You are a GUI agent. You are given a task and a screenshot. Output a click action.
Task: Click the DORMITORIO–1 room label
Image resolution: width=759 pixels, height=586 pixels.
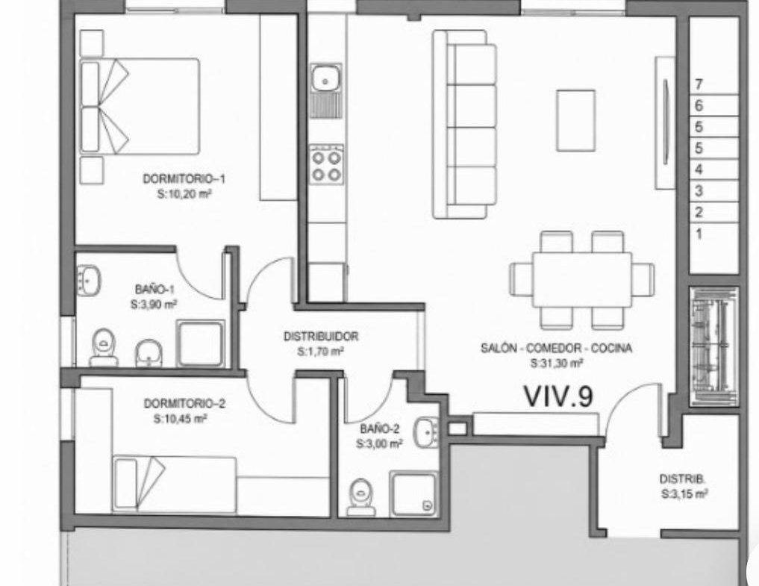click(184, 178)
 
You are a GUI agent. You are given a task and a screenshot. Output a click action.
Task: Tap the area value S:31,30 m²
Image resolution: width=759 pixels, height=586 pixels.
click(556, 363)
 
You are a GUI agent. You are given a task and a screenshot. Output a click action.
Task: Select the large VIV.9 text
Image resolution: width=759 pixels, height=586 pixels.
click(558, 396)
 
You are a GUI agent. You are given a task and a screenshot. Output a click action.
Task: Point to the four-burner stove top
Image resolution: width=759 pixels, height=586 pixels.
click(327, 164)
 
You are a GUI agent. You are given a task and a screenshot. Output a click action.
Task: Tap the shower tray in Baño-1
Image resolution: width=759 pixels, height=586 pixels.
click(201, 343)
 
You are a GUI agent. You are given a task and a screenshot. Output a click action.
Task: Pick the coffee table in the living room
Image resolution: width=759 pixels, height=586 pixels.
click(575, 120)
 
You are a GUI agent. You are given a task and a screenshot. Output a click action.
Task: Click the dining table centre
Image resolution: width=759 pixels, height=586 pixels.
click(582, 279)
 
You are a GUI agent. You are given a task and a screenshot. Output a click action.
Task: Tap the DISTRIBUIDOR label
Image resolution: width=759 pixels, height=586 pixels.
click(320, 336)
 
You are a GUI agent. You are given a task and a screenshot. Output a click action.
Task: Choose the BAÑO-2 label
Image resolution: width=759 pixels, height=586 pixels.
click(379, 428)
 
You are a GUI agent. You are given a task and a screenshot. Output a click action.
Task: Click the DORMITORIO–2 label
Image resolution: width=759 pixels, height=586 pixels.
click(184, 403)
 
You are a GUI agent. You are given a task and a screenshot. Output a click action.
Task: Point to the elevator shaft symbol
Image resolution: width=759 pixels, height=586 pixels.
click(714, 346)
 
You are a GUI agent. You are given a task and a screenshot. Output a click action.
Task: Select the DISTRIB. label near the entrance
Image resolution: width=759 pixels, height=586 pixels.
click(682, 479)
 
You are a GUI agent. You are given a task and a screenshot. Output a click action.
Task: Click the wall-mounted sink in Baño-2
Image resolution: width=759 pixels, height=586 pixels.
click(426, 431)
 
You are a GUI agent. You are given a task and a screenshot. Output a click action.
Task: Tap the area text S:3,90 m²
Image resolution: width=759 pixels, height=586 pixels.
click(154, 304)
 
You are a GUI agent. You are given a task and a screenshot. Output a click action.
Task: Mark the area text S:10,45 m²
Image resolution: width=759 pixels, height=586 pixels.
click(180, 419)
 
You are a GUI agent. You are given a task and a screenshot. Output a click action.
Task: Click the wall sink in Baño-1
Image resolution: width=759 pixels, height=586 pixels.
click(89, 280)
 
